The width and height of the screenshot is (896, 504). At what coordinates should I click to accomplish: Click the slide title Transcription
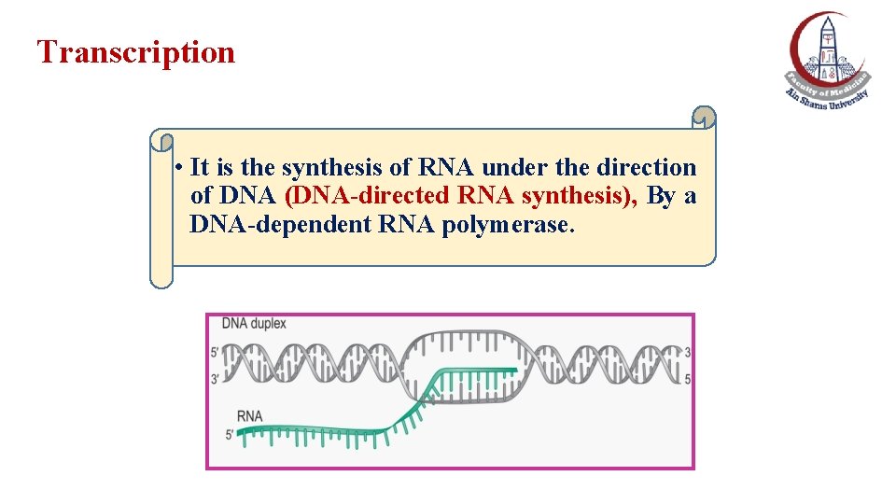[136, 52]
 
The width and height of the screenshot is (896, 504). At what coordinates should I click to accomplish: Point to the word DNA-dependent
[262, 226]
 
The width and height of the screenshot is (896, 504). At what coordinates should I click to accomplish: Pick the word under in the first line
[514, 168]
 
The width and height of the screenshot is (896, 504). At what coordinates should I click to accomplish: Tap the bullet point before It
[177, 169]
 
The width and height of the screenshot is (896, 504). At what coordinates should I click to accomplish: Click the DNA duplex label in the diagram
[254, 325]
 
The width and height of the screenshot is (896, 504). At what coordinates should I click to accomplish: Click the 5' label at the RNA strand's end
[230, 435]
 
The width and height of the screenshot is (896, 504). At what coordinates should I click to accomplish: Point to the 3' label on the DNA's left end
[216, 378]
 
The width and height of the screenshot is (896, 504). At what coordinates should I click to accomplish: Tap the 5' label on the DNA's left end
[216, 353]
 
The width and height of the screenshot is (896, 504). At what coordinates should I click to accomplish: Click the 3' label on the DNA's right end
[688, 353]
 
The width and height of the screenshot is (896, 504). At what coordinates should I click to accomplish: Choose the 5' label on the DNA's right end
[688, 378]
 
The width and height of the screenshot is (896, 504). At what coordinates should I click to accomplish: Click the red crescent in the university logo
[800, 47]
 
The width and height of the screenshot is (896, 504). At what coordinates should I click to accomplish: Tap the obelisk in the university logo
[828, 47]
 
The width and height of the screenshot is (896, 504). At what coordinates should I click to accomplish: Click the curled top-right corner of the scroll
[705, 118]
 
